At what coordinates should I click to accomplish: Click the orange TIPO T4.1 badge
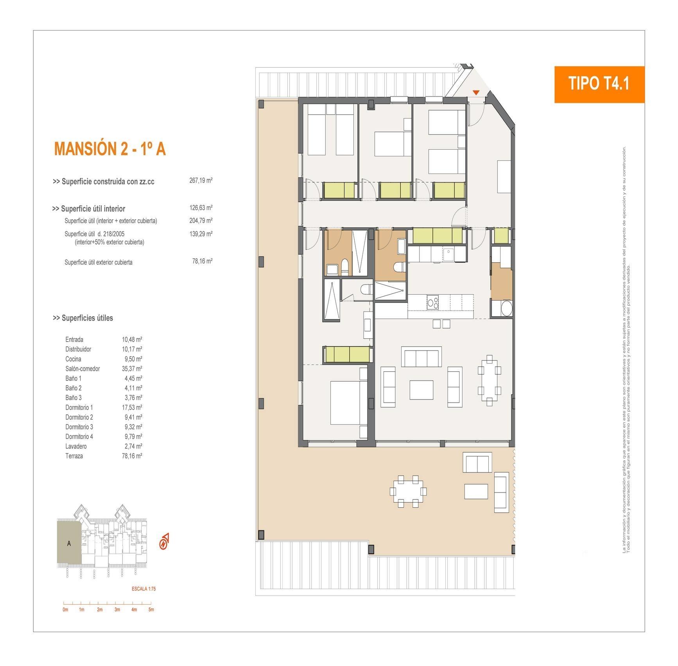coord(599,84)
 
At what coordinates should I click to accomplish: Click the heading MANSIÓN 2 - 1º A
coord(110,149)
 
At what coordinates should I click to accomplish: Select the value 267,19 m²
coord(201,181)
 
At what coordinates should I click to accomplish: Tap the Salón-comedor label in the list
coord(83,369)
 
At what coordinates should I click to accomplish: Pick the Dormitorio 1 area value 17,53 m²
coord(131,408)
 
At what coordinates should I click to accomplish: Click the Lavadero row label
coord(76,446)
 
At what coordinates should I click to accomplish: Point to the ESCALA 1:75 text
coord(144,589)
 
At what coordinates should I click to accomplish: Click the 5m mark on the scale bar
coord(151,609)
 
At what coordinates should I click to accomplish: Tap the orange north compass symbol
coord(164,541)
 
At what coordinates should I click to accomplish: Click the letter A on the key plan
coord(69,543)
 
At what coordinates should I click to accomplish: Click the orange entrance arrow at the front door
coord(476,93)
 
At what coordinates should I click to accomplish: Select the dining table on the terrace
coord(408,491)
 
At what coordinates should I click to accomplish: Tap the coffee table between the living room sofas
coord(421,390)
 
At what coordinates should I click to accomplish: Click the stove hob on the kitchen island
coord(432,303)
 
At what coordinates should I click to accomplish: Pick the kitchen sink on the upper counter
coord(448,254)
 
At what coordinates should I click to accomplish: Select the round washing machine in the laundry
coord(506,309)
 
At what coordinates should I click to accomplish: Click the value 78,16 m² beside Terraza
coord(131,456)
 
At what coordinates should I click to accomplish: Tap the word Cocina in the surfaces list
coord(74,359)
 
